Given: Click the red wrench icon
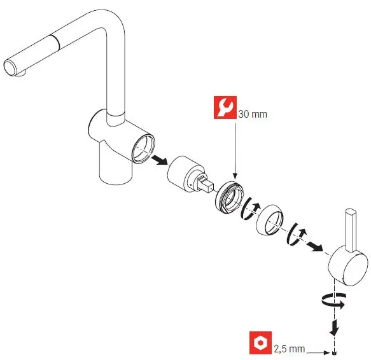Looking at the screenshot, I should (x=223, y=109).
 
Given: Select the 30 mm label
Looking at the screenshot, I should (x=252, y=114).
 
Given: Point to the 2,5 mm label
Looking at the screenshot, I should (x=290, y=349).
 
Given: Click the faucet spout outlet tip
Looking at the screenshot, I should (x=12, y=66).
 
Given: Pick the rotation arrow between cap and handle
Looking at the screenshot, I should (x=297, y=233).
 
